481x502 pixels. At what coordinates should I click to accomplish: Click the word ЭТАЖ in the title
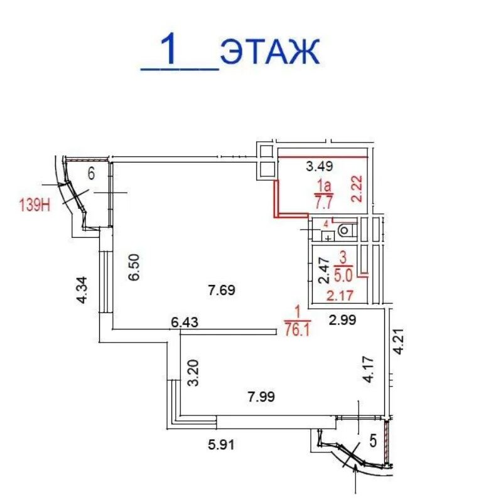tap(270, 51)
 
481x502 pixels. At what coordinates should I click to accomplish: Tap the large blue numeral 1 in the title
tap(172, 49)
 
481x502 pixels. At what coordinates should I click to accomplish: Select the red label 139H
tap(35, 205)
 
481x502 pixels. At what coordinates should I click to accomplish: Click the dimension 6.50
tap(134, 267)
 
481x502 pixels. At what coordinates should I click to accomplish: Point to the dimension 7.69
tap(222, 291)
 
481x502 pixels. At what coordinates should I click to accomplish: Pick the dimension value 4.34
tap(82, 290)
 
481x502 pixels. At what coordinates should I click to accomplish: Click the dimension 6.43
tap(184, 322)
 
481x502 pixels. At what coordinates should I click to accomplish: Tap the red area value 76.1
tap(298, 330)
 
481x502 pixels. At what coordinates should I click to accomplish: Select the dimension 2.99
tap(343, 319)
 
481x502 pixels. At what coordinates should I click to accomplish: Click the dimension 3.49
tap(320, 166)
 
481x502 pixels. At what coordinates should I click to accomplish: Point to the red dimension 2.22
tap(357, 189)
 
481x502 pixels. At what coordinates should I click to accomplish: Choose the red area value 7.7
tap(324, 203)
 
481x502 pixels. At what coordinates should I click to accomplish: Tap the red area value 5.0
tap(343, 275)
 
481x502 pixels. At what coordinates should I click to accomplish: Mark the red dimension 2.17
tap(340, 296)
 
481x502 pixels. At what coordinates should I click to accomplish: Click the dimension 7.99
tap(261, 397)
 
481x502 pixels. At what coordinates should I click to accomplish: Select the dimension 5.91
tap(221, 445)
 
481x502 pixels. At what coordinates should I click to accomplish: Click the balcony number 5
tap(373, 441)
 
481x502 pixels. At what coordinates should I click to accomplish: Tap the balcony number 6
tap(91, 174)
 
